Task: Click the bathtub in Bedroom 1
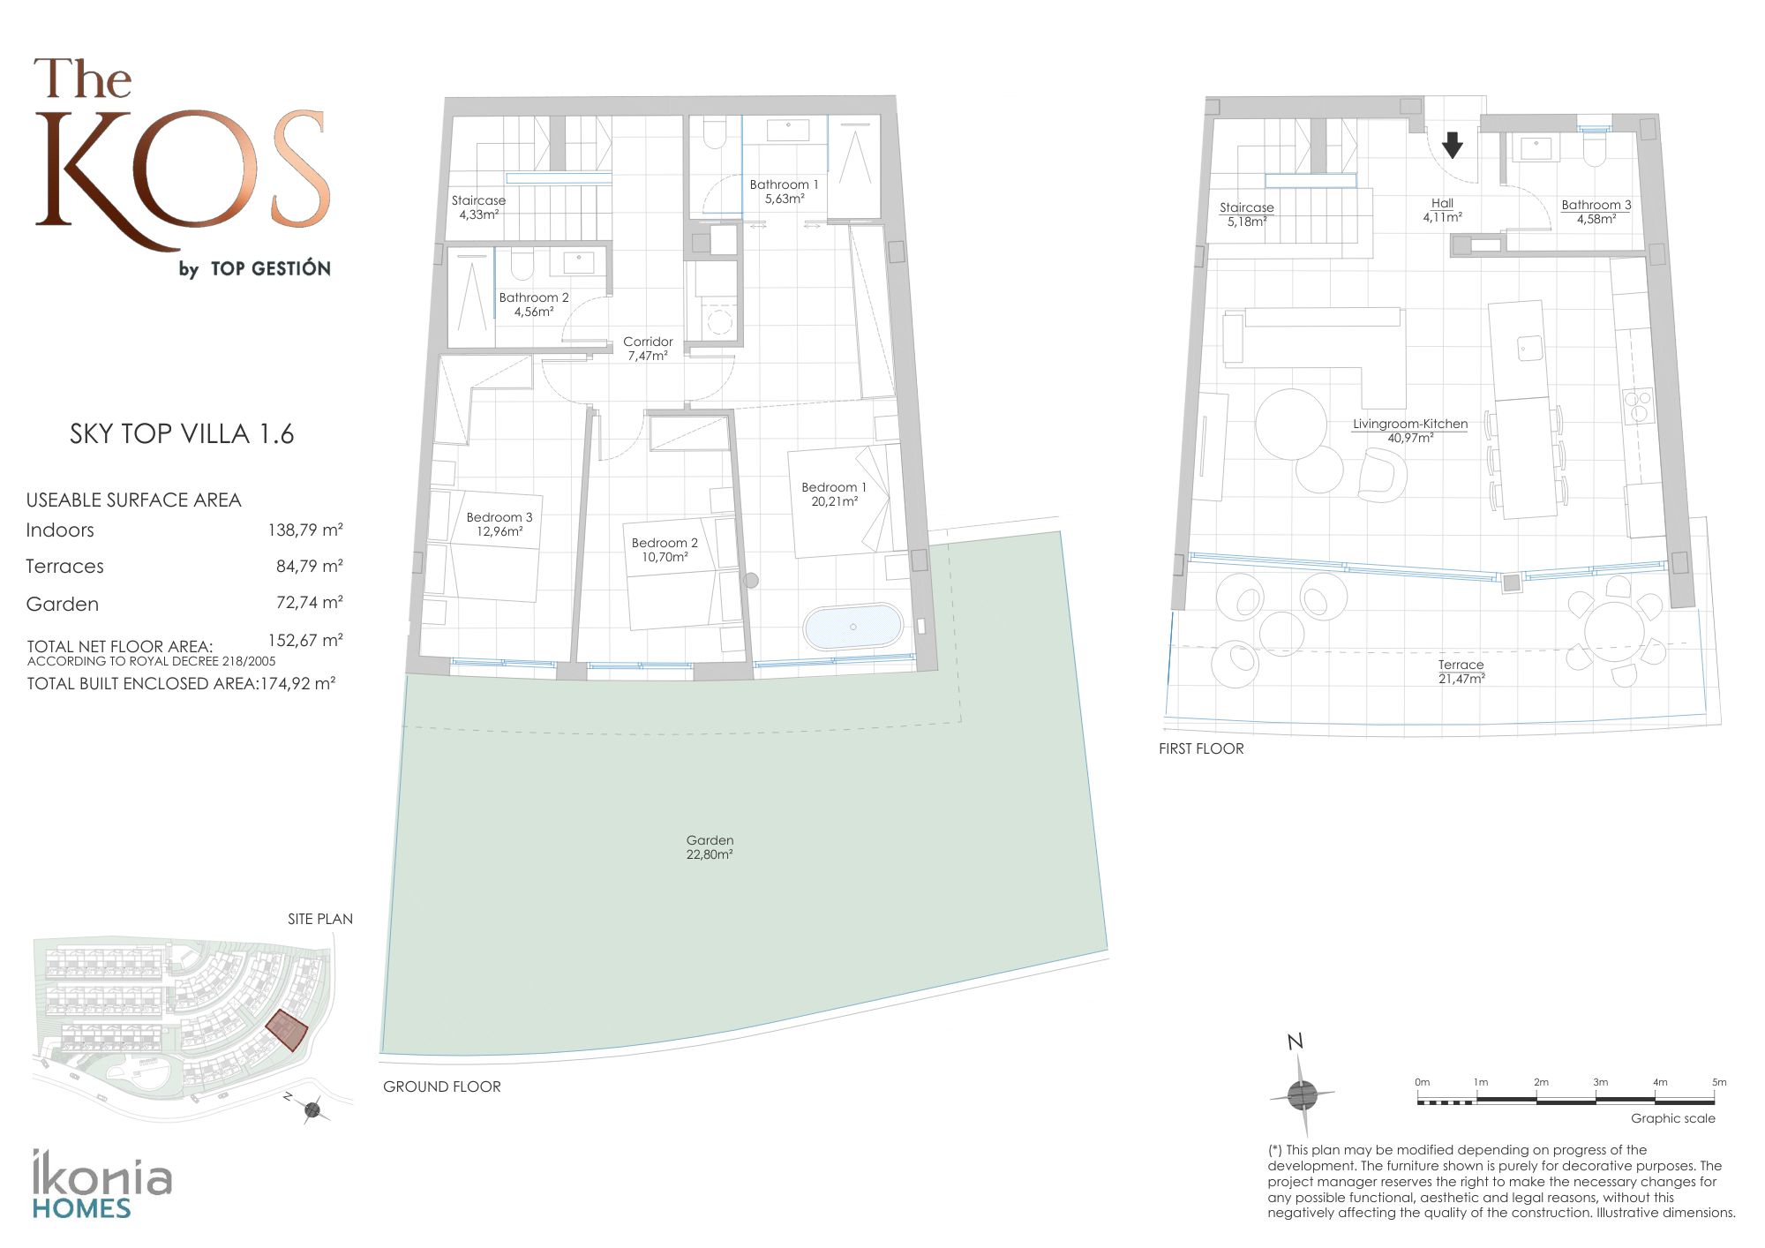(852, 627)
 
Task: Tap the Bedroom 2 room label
(665, 543)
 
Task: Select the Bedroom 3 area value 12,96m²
(499, 531)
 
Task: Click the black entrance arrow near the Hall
(1452, 145)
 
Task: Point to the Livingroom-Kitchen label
(1410, 424)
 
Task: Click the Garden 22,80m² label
(710, 847)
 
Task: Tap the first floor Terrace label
(1461, 665)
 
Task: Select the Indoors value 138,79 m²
(305, 530)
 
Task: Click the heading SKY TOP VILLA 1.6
(182, 434)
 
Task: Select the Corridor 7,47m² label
(648, 349)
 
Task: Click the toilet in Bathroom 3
(1594, 151)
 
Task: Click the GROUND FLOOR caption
(442, 1086)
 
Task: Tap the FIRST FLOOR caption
(1201, 748)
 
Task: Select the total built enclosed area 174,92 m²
(297, 683)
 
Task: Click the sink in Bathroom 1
(787, 130)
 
